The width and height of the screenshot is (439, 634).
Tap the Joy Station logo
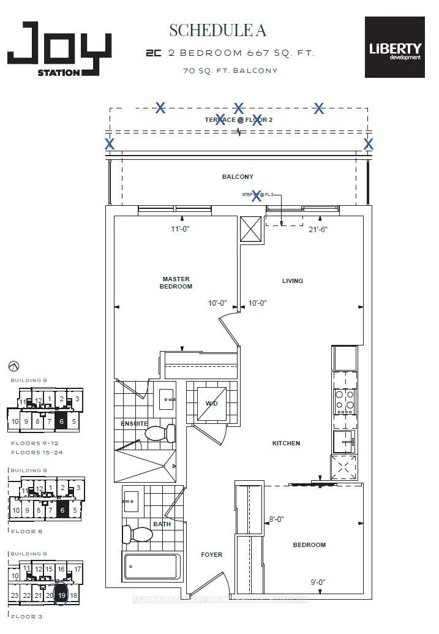coord(59,49)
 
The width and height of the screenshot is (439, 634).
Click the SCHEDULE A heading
coord(218,29)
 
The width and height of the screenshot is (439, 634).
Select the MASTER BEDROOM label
coord(176,282)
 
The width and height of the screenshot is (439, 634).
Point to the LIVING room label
coord(293,281)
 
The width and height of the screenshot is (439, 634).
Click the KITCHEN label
coord(286,443)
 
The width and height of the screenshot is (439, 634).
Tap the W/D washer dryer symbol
coord(211,404)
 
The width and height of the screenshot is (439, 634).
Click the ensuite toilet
coord(160,433)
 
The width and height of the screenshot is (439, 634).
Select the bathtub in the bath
coord(152,567)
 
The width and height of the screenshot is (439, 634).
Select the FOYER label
coord(212,555)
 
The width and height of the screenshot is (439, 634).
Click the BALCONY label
coord(238,177)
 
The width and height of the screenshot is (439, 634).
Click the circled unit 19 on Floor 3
coord(61,595)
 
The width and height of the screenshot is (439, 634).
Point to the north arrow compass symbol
coord(13,366)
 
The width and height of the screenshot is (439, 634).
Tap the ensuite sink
coord(166,400)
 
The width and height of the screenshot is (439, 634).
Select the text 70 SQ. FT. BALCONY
coord(230,70)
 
